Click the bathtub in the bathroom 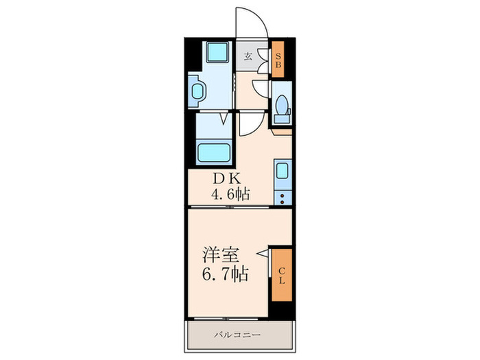[x=213, y=151]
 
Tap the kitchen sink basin [x=283, y=171]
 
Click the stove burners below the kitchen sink [x=283, y=197]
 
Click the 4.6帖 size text [x=230, y=195]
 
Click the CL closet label [x=282, y=274]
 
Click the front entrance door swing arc [x=251, y=21]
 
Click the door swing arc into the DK [x=250, y=123]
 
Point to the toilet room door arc [x=261, y=89]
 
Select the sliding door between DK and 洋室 [x=237, y=207]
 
